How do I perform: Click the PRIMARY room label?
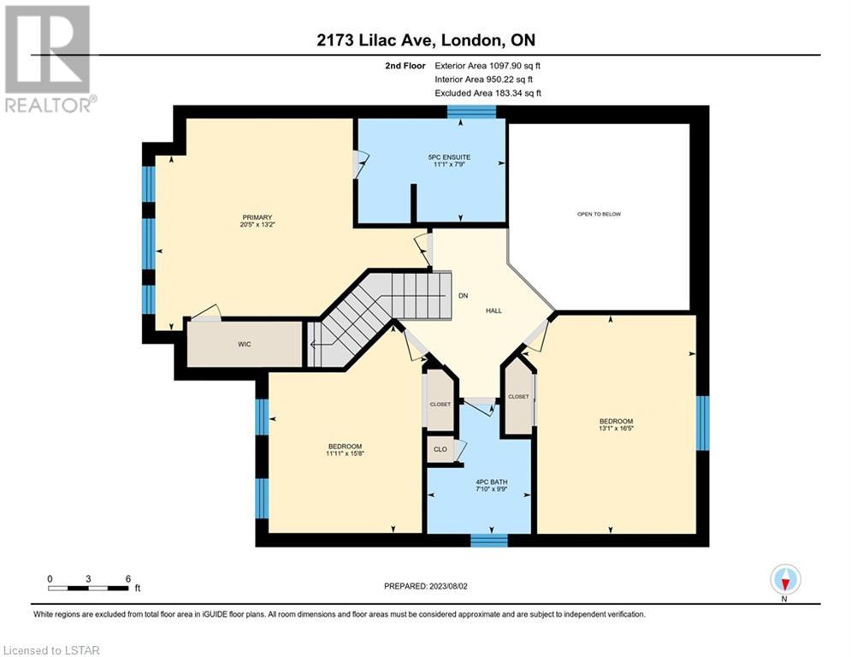257,217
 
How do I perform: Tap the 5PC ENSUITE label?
449,157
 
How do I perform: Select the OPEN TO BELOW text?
600,214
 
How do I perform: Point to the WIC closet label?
245,344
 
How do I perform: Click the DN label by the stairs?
463,296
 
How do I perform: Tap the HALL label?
493,311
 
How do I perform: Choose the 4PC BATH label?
492,482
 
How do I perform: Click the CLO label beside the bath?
440,449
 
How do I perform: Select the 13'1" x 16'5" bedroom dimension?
617,428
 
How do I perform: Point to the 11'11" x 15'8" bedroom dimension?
346,453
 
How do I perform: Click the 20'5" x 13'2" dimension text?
257,224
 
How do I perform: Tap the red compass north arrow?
785,583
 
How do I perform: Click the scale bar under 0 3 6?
88,588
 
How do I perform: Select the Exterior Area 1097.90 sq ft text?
488,66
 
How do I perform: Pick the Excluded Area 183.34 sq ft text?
488,93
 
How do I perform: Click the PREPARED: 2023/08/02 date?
426,586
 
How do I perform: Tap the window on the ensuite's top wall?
471,112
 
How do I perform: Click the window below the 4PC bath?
489,540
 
